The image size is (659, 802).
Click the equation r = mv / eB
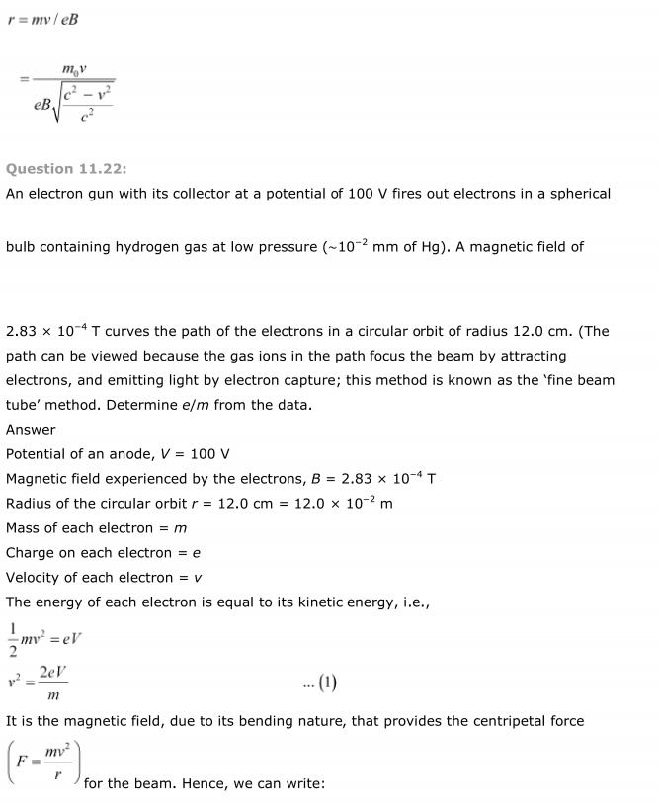click(x=42, y=19)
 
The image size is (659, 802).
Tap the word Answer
click(x=31, y=430)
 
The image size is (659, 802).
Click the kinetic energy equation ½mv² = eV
click(x=44, y=638)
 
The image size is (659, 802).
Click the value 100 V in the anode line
click(x=210, y=454)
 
